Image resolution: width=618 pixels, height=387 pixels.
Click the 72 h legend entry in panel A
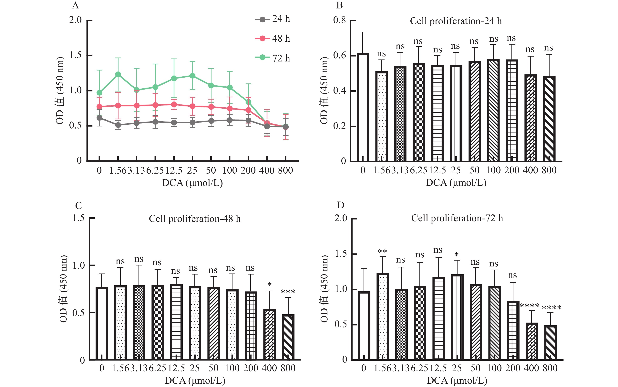pyautogui.click(x=273, y=58)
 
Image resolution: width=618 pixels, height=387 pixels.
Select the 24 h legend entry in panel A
pyautogui.click(x=273, y=19)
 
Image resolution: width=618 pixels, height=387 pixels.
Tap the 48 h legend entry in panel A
pyautogui.click(x=273, y=38)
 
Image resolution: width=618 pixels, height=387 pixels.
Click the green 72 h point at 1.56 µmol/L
pyautogui.click(x=118, y=74)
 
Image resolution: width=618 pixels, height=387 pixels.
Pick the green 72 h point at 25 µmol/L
pyautogui.click(x=192, y=76)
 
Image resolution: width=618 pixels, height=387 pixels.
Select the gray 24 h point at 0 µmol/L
pyautogui.click(x=99, y=118)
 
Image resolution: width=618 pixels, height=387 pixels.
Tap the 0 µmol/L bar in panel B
pyautogui.click(x=363, y=108)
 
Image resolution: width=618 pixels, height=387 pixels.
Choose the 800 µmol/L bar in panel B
pyautogui.click(x=549, y=119)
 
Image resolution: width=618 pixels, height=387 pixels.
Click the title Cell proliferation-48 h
pyautogui.click(x=195, y=219)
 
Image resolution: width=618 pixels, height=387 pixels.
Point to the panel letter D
pyautogui.click(x=341, y=205)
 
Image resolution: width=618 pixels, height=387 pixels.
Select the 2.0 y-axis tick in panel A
pyautogui.click(x=75, y=20)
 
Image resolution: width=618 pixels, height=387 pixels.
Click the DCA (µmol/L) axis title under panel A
pyautogui.click(x=192, y=183)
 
